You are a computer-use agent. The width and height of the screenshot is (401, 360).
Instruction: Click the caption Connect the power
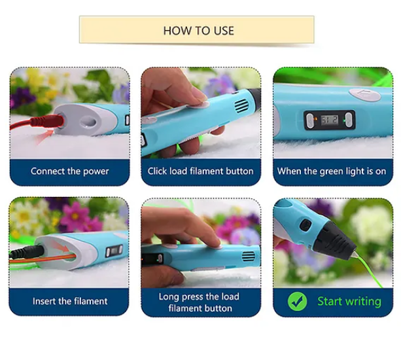click(x=69, y=171)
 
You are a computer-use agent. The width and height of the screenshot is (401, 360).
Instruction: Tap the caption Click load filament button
click(x=200, y=171)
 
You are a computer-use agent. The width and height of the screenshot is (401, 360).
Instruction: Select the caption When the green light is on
click(x=331, y=171)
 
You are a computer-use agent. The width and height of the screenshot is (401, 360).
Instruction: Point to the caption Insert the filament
click(x=70, y=302)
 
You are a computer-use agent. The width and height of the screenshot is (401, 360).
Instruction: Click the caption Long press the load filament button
click(x=200, y=302)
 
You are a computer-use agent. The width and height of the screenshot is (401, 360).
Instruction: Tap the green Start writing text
click(x=349, y=301)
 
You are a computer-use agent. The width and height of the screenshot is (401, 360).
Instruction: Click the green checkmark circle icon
click(x=298, y=301)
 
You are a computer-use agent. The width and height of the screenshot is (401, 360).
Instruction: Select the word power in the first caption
click(x=96, y=171)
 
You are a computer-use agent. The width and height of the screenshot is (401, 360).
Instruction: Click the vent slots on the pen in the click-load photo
click(x=240, y=105)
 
